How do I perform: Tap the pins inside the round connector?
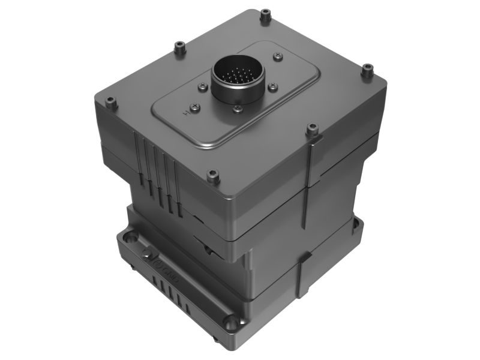point(238,77)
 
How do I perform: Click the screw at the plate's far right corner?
point(278,56)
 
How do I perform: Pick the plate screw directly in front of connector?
point(238,109)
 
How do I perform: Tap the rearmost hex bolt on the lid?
point(265,16)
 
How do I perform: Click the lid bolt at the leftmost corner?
point(110,103)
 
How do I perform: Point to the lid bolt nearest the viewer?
point(212,175)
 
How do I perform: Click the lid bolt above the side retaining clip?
point(311,129)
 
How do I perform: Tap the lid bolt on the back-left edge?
point(178,46)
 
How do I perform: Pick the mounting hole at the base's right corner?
point(355,224)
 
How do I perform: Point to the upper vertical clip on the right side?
point(309,180)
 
